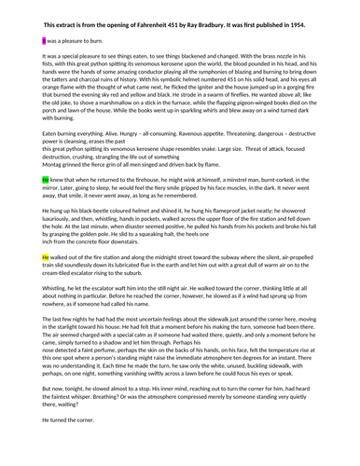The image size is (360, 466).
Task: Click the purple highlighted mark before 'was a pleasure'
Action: click(45, 42)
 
